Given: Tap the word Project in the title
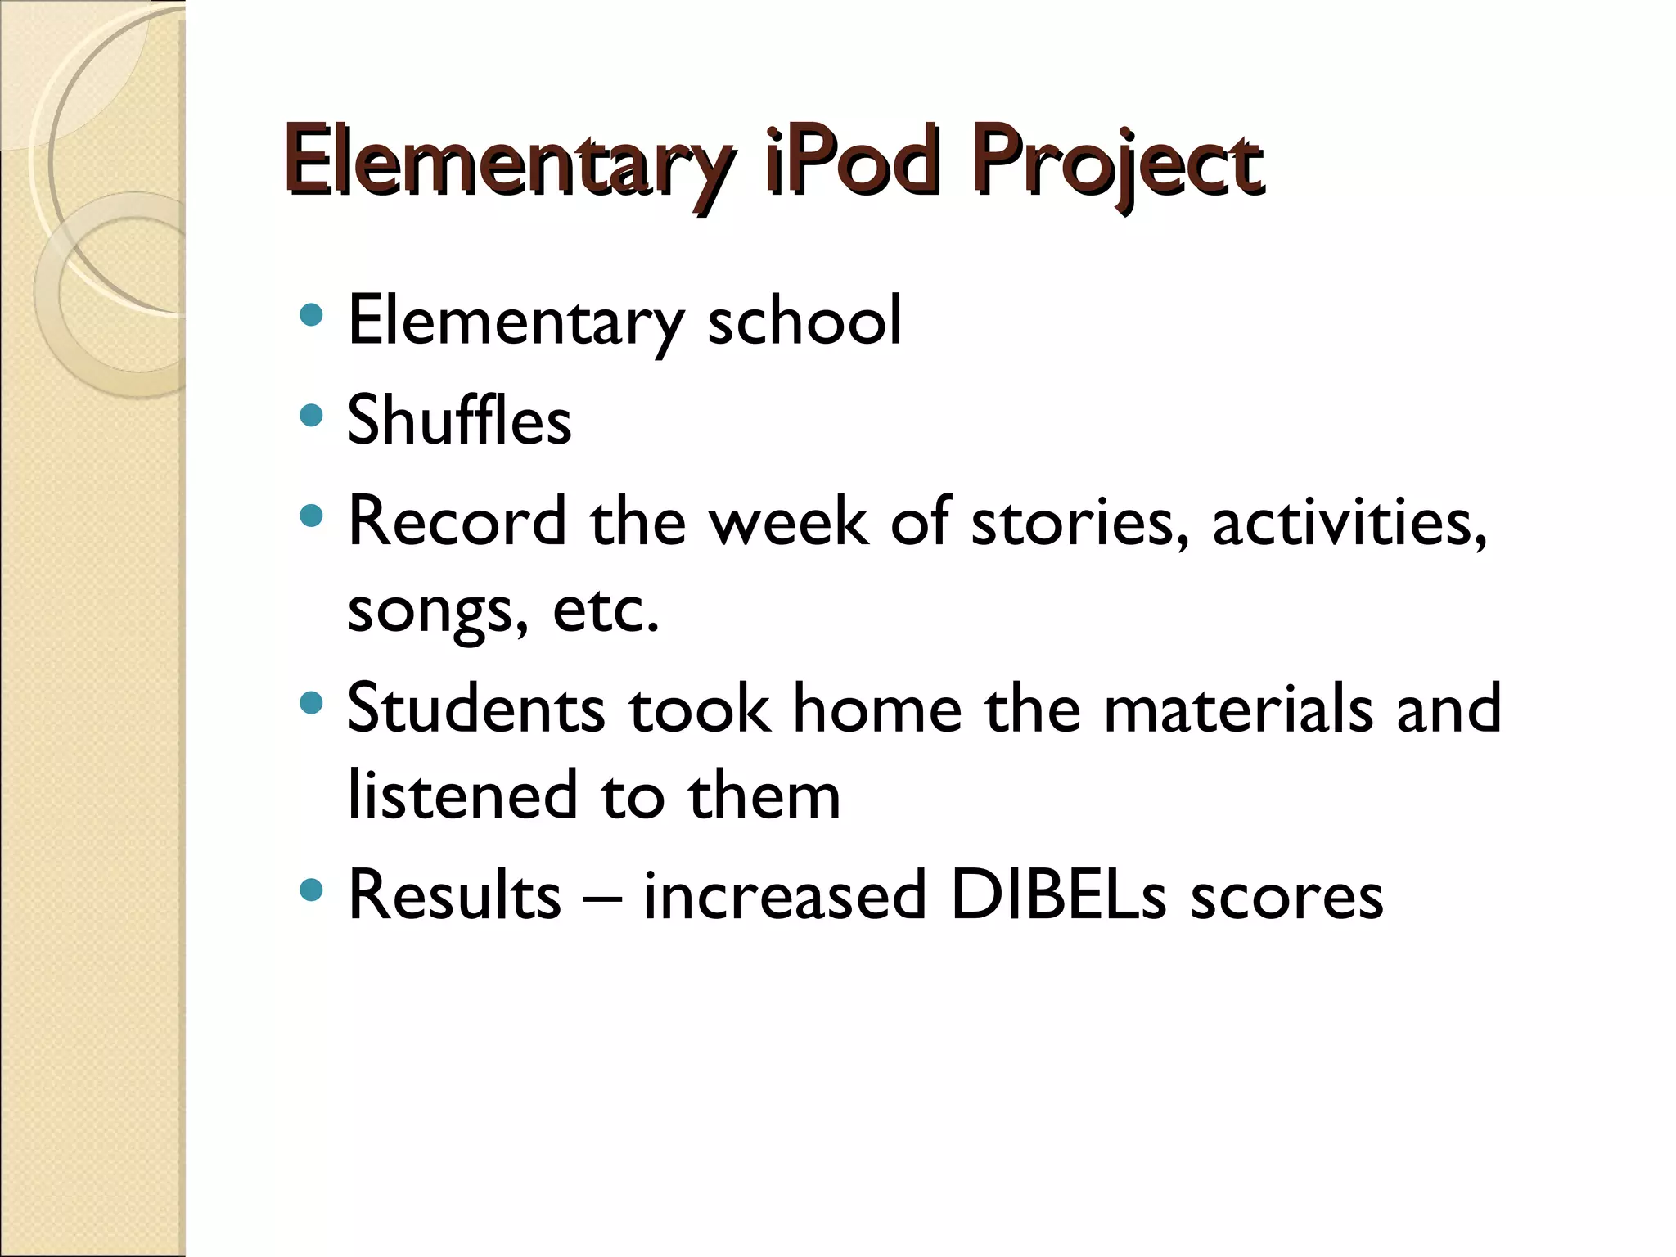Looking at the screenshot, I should [x=1118, y=163].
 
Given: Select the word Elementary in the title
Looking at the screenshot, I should [x=507, y=163].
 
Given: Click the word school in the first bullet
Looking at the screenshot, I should [x=804, y=320].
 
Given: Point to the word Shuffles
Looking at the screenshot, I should [x=459, y=420].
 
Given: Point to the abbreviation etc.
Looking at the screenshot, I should [x=606, y=610].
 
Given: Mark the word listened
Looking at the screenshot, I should [x=463, y=795].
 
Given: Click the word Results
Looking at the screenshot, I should [x=455, y=895].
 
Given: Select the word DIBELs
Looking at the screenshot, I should [x=1058, y=895].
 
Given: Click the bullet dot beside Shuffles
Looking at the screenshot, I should [x=311, y=416].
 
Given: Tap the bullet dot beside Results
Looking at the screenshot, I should [x=311, y=890].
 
